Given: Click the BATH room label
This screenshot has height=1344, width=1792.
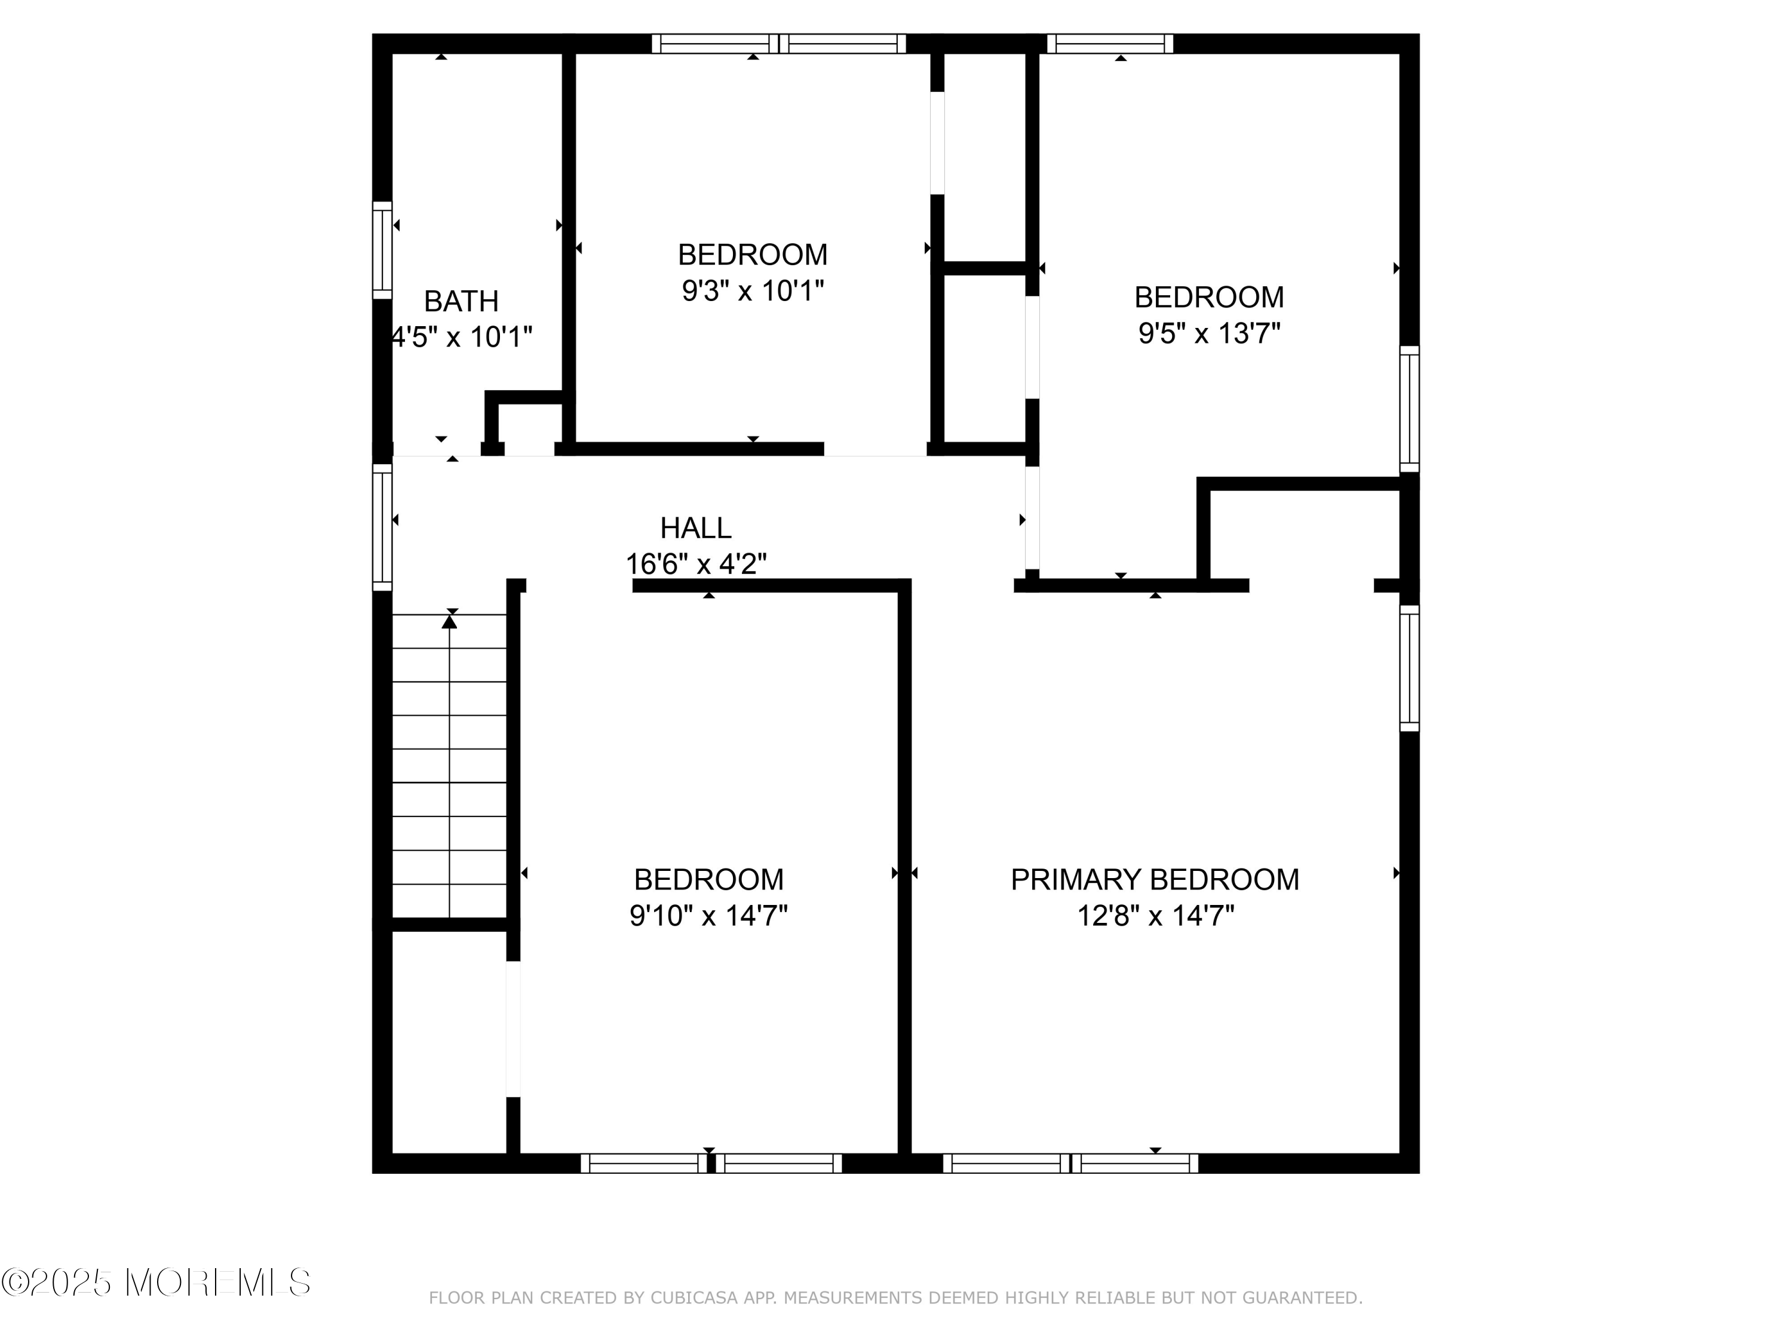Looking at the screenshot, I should (x=461, y=302).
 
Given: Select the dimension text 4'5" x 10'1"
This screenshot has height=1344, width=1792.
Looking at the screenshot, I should (x=462, y=337).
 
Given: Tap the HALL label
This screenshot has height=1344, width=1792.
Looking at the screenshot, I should (x=695, y=528).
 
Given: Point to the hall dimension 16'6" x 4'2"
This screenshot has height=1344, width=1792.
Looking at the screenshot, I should (x=696, y=564).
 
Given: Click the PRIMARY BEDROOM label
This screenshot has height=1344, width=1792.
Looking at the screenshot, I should (x=1155, y=880).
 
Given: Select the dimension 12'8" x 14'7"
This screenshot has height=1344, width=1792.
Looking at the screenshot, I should (x=1155, y=916).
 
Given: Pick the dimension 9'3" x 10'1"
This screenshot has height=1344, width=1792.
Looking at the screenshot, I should (x=753, y=291).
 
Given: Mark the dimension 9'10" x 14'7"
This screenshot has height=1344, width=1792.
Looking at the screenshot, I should (x=708, y=916).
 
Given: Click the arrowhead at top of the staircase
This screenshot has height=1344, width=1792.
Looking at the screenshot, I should (x=450, y=621).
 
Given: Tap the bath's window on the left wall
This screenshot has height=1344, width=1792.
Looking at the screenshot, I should (x=382, y=250).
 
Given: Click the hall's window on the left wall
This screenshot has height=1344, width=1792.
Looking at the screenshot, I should (x=382, y=527).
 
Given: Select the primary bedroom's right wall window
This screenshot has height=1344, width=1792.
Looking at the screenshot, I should (x=1410, y=668).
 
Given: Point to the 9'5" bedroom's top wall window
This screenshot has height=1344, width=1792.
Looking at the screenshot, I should (x=1110, y=44).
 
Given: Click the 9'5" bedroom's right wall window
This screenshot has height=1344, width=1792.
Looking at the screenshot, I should (x=1410, y=409).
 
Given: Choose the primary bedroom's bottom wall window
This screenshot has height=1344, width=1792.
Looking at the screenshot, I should (x=1070, y=1164).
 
